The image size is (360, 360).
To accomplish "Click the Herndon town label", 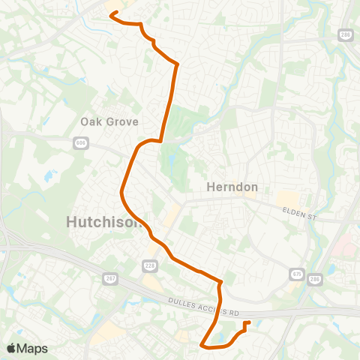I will click(232, 187).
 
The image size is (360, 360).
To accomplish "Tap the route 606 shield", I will click(81, 141).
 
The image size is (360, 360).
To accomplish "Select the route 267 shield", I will click(109, 279).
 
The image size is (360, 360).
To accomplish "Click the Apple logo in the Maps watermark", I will click(11, 348).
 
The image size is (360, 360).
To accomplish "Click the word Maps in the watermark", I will click(33, 348).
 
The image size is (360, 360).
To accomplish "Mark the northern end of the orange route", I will click(112, 13).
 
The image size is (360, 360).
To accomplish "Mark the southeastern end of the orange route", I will click(247, 322).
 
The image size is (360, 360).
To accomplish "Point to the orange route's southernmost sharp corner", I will click(202, 345).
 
